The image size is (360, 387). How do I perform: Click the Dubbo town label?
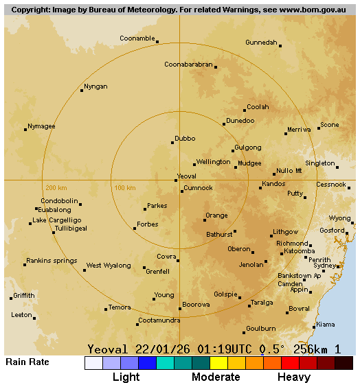pyautogui.click(x=185, y=138)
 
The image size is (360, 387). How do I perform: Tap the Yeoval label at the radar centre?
pyautogui.click(x=187, y=176)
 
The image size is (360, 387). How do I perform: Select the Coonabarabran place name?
pyautogui.click(x=188, y=64)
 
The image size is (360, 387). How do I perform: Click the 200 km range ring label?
pyautogui.click(x=56, y=188)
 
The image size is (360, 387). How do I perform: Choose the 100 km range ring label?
pyautogui.click(x=124, y=188)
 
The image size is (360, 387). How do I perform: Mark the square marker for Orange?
pyautogui.click(x=205, y=220)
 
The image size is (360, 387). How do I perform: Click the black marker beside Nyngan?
pyautogui.click(x=82, y=91)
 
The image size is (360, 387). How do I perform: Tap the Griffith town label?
pyautogui.click(x=24, y=296)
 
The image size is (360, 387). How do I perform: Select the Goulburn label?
pyautogui.click(x=260, y=328)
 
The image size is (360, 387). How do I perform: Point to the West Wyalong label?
pyautogui.click(x=109, y=266)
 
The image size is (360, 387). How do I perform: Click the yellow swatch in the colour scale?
pyautogui.click(x=218, y=363)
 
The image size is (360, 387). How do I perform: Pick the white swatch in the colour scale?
pyautogui.click(x=93, y=363)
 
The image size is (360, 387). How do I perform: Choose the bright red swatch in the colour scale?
pyautogui.click(x=290, y=363)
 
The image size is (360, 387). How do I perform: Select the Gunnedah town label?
pyautogui.click(x=261, y=43)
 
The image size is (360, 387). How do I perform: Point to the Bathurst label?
pyautogui.click(x=219, y=235)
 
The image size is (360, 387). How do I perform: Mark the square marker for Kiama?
pyautogui.click(x=314, y=327)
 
